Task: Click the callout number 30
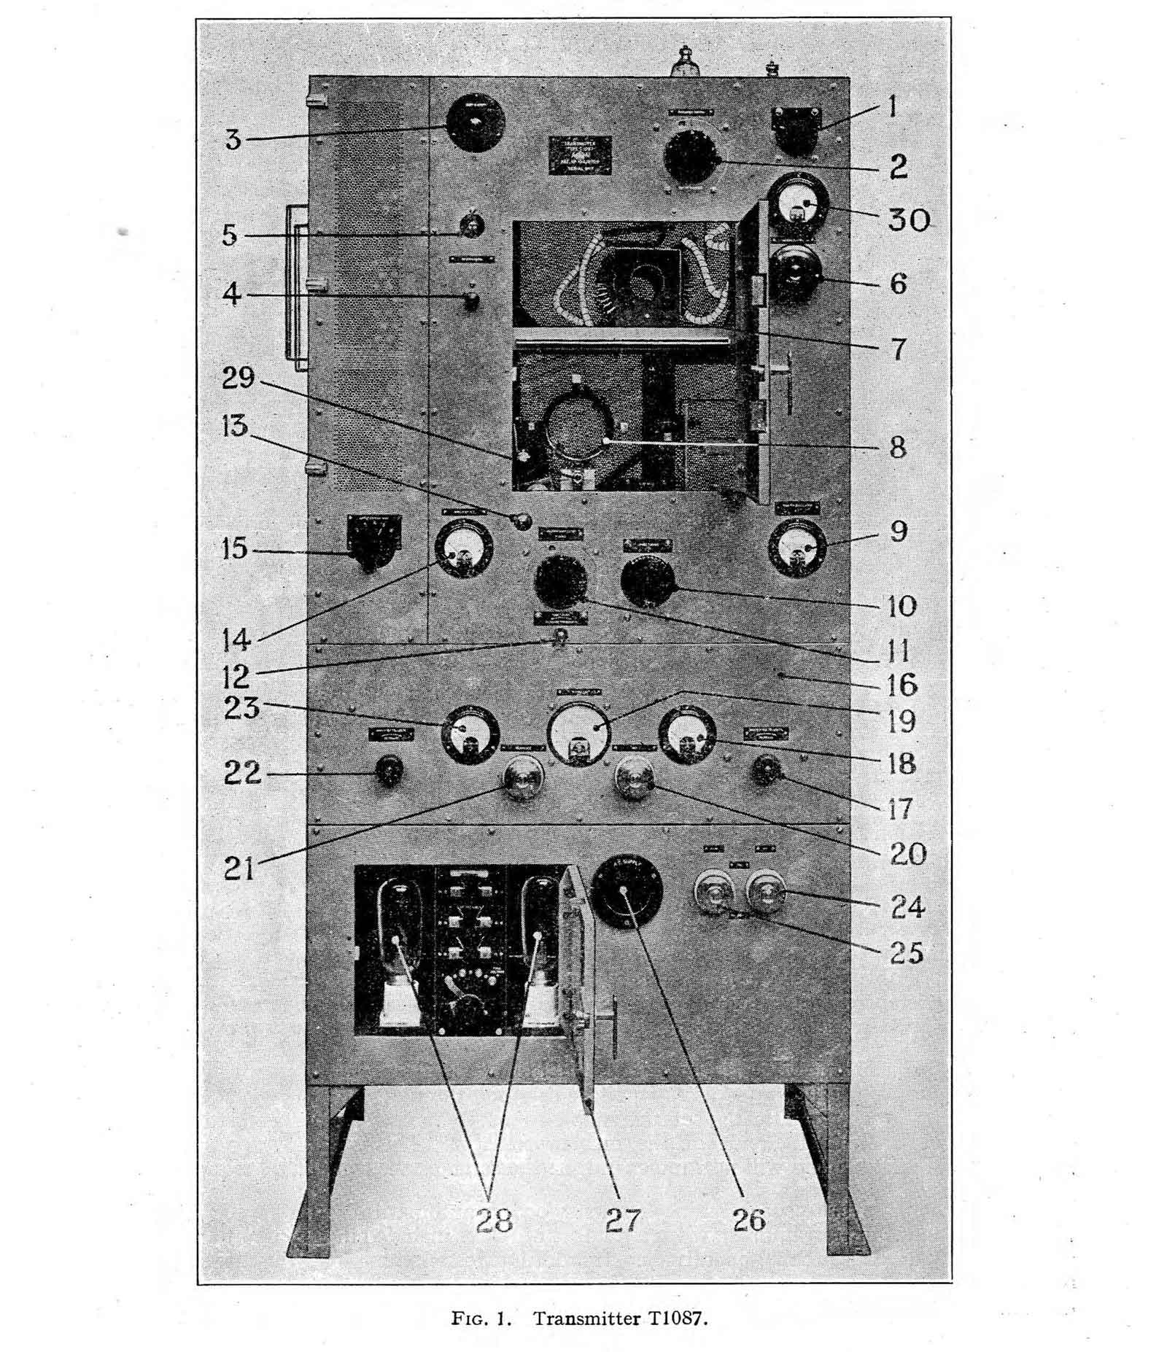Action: coord(908,219)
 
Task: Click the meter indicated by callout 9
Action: coord(799,549)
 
